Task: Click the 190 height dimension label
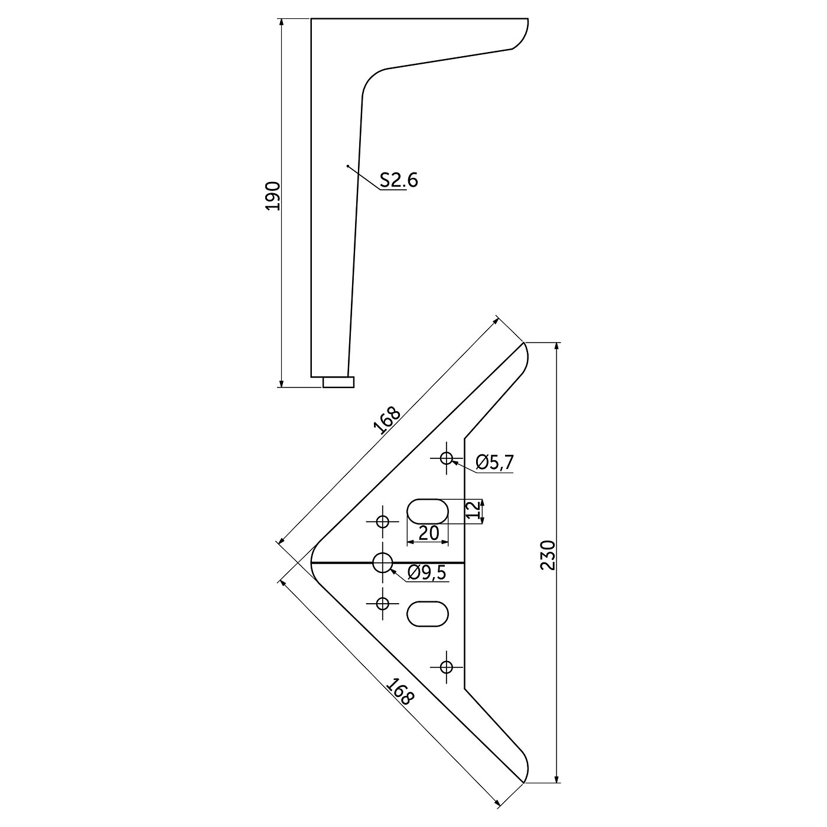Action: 274,196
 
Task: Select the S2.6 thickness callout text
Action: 399,180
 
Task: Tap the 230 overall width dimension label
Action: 548,555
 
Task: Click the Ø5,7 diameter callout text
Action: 494,463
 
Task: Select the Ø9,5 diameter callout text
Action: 427,572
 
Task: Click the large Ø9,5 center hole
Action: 382,562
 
